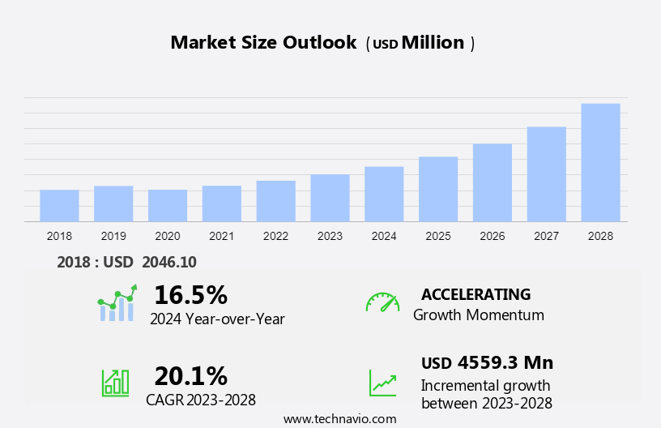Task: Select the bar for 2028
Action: point(600,162)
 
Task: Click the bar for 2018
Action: point(59,205)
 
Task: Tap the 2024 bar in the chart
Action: point(384,194)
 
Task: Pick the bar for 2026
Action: point(493,182)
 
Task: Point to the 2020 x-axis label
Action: point(168,236)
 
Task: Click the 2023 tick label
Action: point(330,236)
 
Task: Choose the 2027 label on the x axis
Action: point(546,236)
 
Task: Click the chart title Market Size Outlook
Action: point(263,43)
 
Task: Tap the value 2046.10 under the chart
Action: point(168,262)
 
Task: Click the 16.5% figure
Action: point(190,294)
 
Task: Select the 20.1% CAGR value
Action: point(190,375)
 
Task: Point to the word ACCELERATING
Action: point(475,294)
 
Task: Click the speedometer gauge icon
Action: point(382,302)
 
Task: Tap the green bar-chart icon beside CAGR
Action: point(115,382)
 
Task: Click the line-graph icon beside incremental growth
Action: point(382,383)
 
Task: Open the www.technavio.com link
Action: point(339,418)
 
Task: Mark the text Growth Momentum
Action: point(478,315)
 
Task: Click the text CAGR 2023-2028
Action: point(201,400)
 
